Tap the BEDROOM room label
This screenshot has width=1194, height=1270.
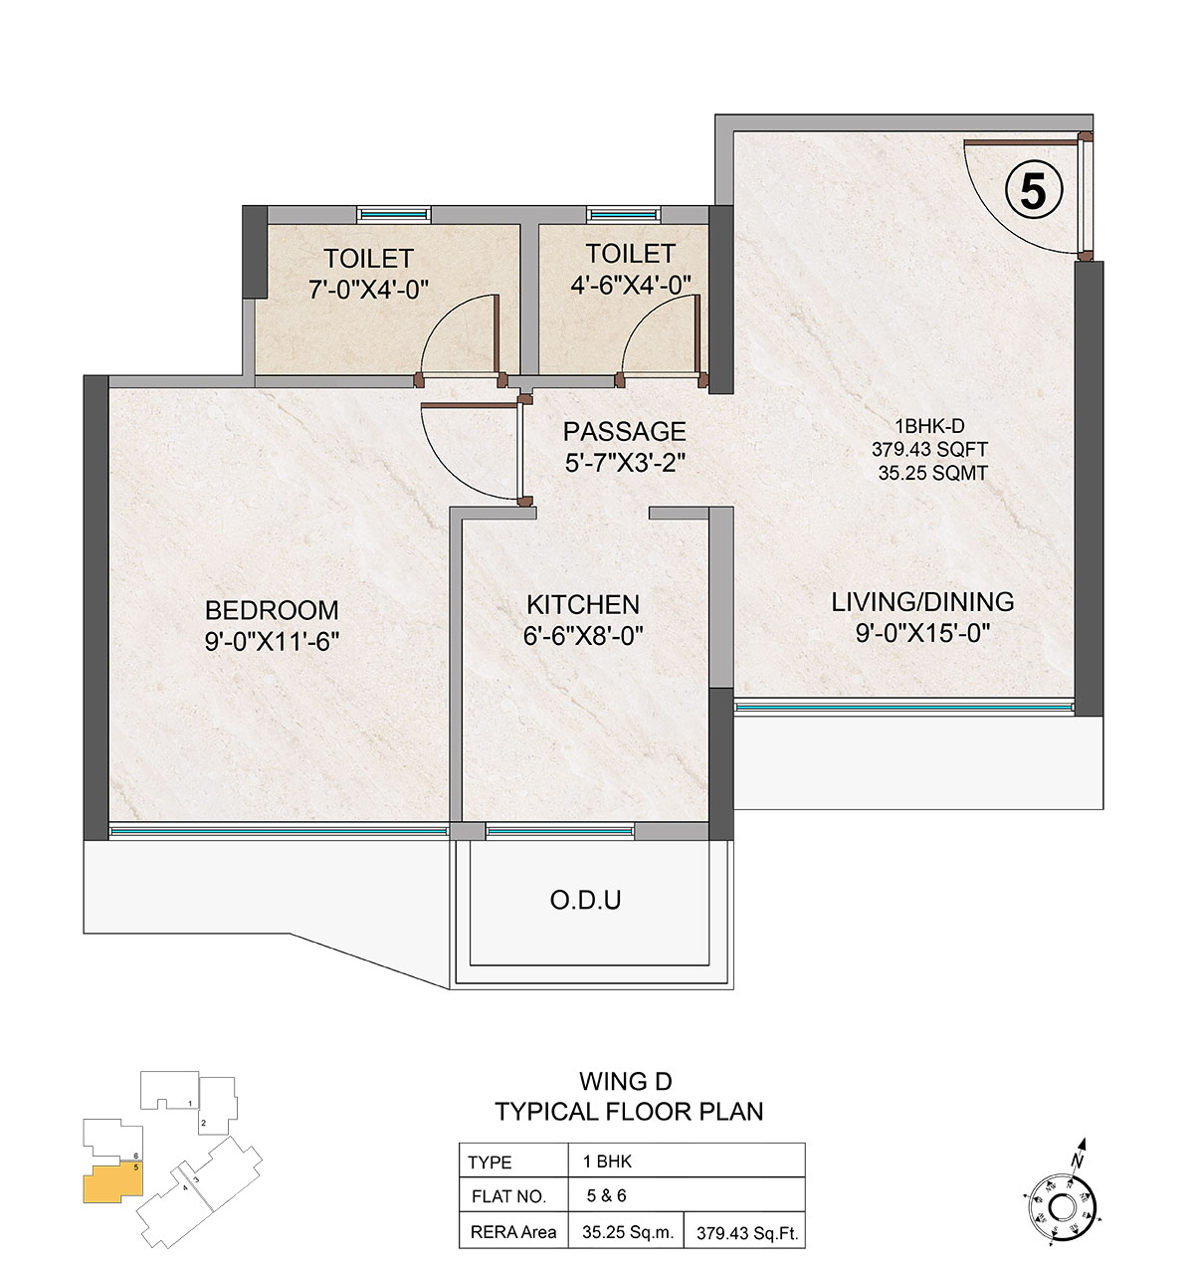272,610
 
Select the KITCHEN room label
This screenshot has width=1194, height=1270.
583,604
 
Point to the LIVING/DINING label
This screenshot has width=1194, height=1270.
922,602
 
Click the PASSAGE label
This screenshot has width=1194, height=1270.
624,432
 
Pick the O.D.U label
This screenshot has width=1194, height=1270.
585,901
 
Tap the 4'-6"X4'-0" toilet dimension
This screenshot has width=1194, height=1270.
631,285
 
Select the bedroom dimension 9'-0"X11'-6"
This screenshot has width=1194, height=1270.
272,641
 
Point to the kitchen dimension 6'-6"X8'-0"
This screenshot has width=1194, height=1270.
583,636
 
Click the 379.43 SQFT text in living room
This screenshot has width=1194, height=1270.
930,449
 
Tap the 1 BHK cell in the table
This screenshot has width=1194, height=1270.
607,1162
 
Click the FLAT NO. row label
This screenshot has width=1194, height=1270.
508,1196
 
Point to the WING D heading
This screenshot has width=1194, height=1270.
626,1081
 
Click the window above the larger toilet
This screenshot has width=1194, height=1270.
393,214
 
